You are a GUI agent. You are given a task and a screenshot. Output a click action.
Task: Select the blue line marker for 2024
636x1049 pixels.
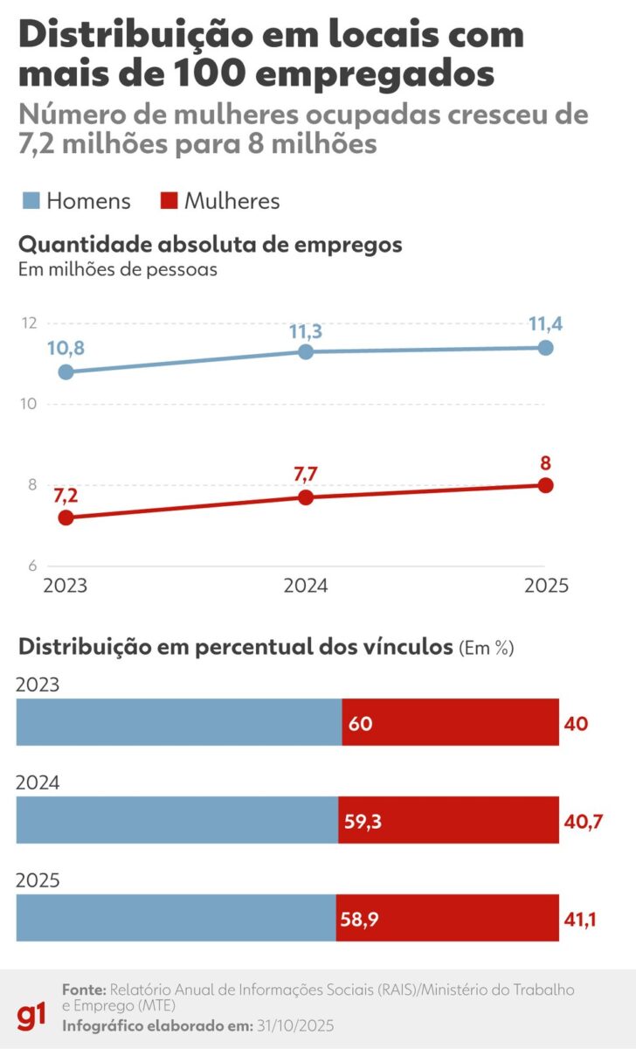(306, 351)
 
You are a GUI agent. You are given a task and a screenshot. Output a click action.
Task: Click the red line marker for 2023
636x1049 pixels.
(66, 518)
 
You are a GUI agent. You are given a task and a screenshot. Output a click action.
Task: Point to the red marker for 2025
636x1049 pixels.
(546, 485)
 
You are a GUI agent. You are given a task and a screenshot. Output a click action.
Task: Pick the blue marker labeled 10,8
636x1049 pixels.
(66, 372)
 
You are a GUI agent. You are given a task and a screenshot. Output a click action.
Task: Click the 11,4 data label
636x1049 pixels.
(545, 324)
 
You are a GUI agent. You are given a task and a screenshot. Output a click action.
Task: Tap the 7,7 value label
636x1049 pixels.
(306, 473)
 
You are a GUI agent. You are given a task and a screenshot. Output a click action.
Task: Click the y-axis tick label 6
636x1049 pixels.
(31, 566)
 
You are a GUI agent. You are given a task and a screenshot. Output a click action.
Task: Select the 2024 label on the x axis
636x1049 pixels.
(306, 586)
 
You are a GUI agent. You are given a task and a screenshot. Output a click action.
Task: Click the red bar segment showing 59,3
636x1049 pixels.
(448, 820)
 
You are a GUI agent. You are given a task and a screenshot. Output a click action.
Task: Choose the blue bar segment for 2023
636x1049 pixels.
(178, 722)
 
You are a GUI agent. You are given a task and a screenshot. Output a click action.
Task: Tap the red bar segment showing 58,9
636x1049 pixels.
(447, 918)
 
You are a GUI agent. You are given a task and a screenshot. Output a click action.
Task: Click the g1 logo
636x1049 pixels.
(32, 1017)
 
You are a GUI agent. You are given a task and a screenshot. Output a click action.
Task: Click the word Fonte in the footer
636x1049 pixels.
(84, 990)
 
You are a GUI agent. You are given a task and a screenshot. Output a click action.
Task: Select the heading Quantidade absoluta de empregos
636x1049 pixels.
(210, 245)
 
